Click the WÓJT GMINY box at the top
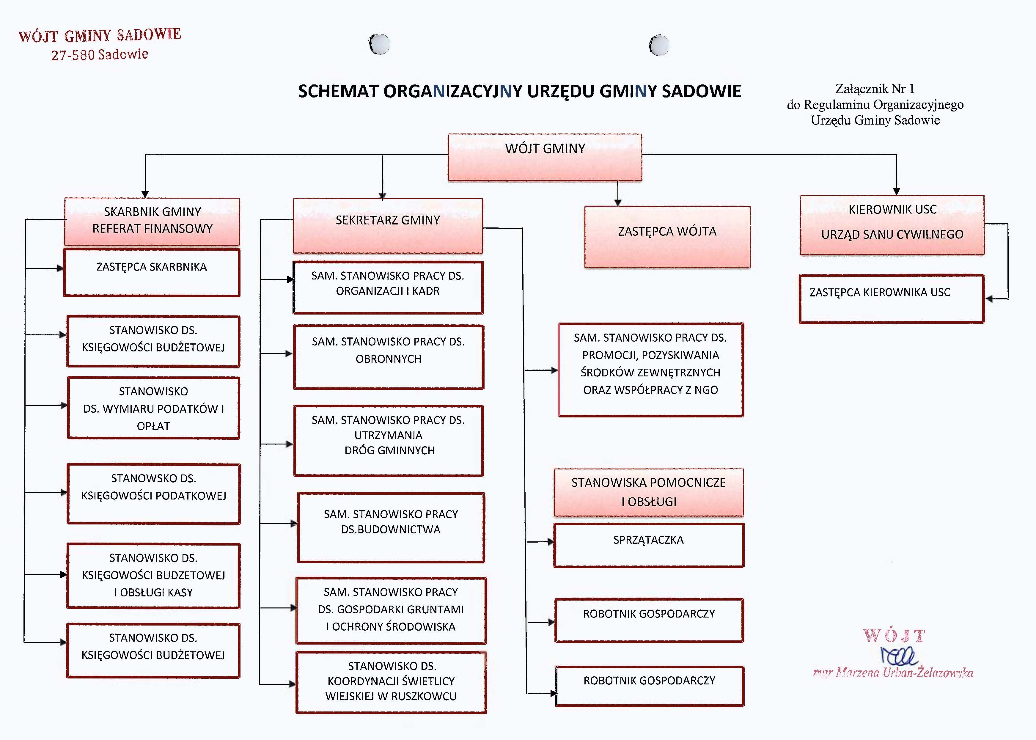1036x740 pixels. pos(545,157)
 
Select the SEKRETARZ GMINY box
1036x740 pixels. pos(388,226)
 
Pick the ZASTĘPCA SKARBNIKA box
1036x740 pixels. pos(152,273)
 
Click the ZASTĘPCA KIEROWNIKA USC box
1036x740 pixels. pos(892,299)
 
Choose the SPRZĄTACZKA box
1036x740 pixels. pos(649,546)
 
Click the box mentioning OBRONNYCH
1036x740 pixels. pos(389,357)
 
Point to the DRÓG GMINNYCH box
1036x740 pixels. pos(389,441)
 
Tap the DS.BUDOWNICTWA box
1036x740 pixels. pos(391,528)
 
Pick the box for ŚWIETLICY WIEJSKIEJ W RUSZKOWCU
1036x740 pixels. pos(391,682)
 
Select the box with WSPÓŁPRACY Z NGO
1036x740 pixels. pos(650,370)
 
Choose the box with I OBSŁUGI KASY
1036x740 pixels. pos(153,576)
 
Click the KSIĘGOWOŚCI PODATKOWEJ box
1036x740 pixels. pos(153,494)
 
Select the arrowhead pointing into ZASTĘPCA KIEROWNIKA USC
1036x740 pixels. pos(989,299)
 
